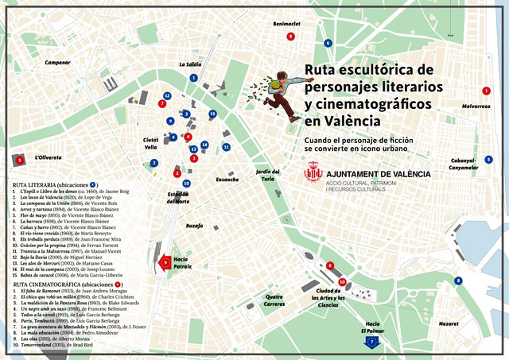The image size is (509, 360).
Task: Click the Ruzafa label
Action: click(194, 226)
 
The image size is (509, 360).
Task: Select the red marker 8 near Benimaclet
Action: click(291, 37)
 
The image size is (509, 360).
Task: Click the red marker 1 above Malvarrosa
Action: click(487, 91)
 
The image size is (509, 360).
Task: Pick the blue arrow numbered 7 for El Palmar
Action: click(372, 342)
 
